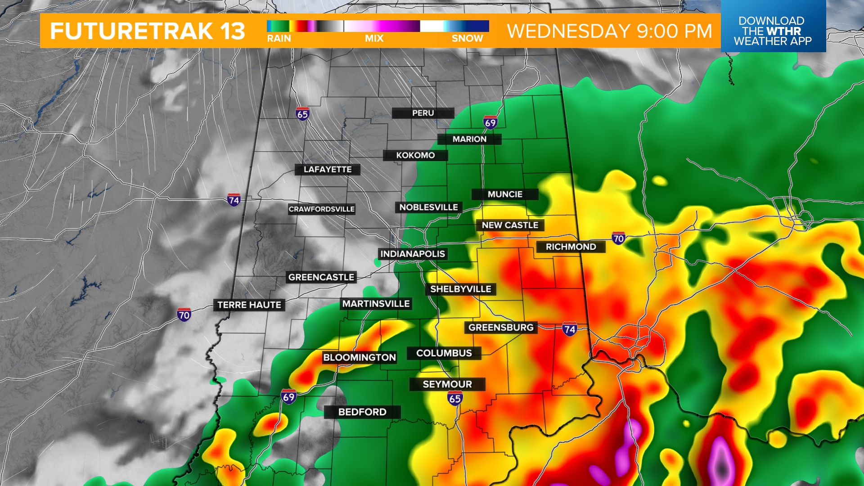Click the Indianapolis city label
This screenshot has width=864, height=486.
pos(413,254)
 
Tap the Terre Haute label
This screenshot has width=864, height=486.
pos(249,305)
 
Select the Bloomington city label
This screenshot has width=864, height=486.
pos(360,357)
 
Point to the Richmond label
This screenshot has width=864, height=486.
pos(571,247)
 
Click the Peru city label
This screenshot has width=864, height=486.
pos(423,113)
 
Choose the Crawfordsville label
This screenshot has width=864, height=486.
pos(322,209)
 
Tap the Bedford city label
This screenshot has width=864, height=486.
pos(362,412)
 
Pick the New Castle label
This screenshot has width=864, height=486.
pos(510,225)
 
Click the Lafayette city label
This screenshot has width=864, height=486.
pos(328,169)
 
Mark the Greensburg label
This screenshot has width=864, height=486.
pos(501,327)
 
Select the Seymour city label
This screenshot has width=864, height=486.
pos(447,384)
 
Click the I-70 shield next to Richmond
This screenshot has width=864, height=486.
pos(618,238)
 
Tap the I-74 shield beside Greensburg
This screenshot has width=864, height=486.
pos(569,329)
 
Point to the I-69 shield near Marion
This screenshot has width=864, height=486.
pos(490,122)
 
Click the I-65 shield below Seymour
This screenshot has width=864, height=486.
pos(455,398)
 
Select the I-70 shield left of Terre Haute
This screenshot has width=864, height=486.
pos(184,315)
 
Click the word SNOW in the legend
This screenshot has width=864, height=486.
pos(467,39)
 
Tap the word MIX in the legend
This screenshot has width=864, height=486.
pos(374,39)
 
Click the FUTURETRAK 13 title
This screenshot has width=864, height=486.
pos(148,31)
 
